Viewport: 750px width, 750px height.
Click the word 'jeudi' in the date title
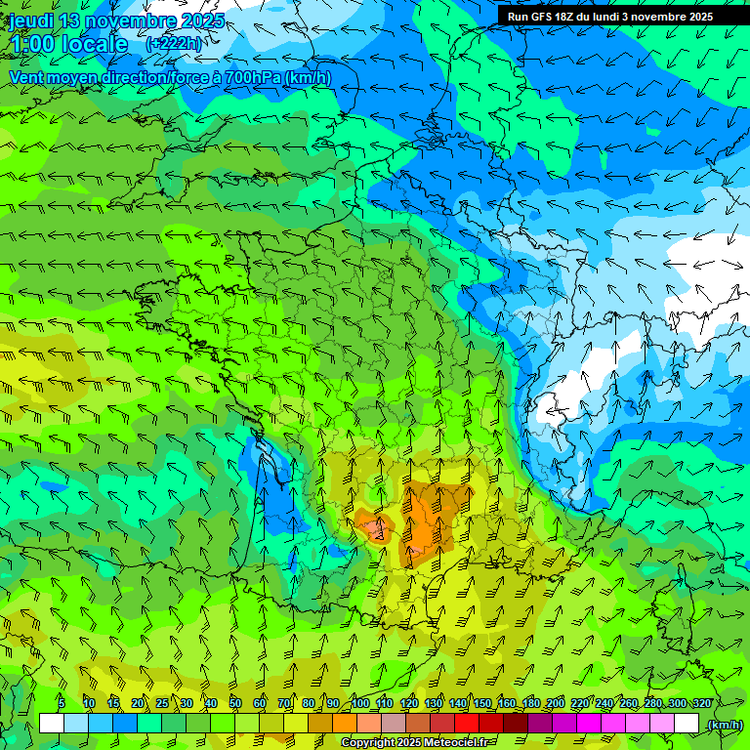[x=30, y=21]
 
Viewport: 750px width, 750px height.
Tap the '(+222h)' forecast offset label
[x=175, y=44]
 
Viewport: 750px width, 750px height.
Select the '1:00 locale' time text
[x=68, y=44]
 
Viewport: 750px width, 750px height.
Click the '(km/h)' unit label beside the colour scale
[x=724, y=725]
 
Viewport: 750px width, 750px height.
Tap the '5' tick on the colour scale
[x=62, y=703]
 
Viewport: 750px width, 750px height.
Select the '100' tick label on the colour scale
[x=360, y=703]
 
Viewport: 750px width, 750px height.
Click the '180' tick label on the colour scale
[x=531, y=703]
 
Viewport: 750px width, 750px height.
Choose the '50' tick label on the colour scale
[x=235, y=703]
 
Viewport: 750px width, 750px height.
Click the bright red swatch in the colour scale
[x=467, y=724]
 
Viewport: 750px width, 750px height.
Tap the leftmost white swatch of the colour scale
[x=52, y=724]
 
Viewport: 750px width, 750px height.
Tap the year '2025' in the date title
[x=202, y=21]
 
